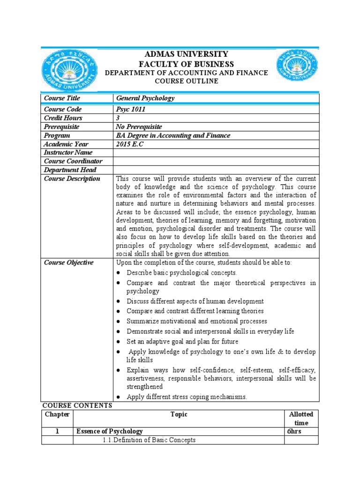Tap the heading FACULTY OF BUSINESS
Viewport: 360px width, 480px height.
(x=186, y=64)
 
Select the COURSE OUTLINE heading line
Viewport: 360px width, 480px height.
(x=186, y=81)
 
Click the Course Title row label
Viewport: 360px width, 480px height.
(x=62, y=98)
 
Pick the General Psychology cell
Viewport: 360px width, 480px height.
(x=145, y=98)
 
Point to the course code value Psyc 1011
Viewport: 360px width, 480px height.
(x=131, y=110)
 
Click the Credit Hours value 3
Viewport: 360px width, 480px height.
(x=118, y=118)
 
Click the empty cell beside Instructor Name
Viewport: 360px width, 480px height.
(x=216, y=153)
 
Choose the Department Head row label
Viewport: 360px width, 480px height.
(x=70, y=170)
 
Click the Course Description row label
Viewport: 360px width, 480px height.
(x=72, y=179)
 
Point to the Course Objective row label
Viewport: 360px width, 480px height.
(x=68, y=262)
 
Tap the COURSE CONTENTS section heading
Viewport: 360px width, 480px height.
(x=77, y=405)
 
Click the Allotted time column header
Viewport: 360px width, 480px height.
(x=301, y=419)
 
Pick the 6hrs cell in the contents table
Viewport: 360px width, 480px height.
(x=294, y=431)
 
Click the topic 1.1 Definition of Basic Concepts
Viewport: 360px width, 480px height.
(x=149, y=440)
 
